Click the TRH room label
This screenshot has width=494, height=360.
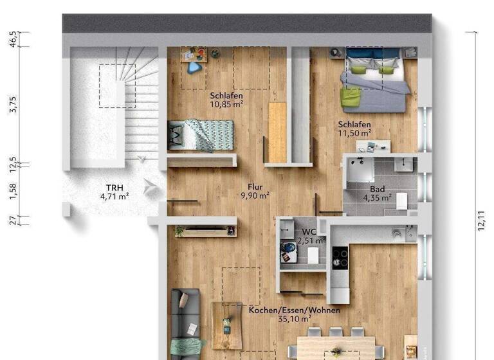point(114,188)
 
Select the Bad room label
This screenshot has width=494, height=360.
point(378,189)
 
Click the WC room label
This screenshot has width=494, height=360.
point(308,231)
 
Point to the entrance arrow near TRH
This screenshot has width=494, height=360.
point(151,187)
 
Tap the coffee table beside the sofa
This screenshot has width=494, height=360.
point(227,325)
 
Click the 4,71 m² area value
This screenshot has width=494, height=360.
point(114,197)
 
